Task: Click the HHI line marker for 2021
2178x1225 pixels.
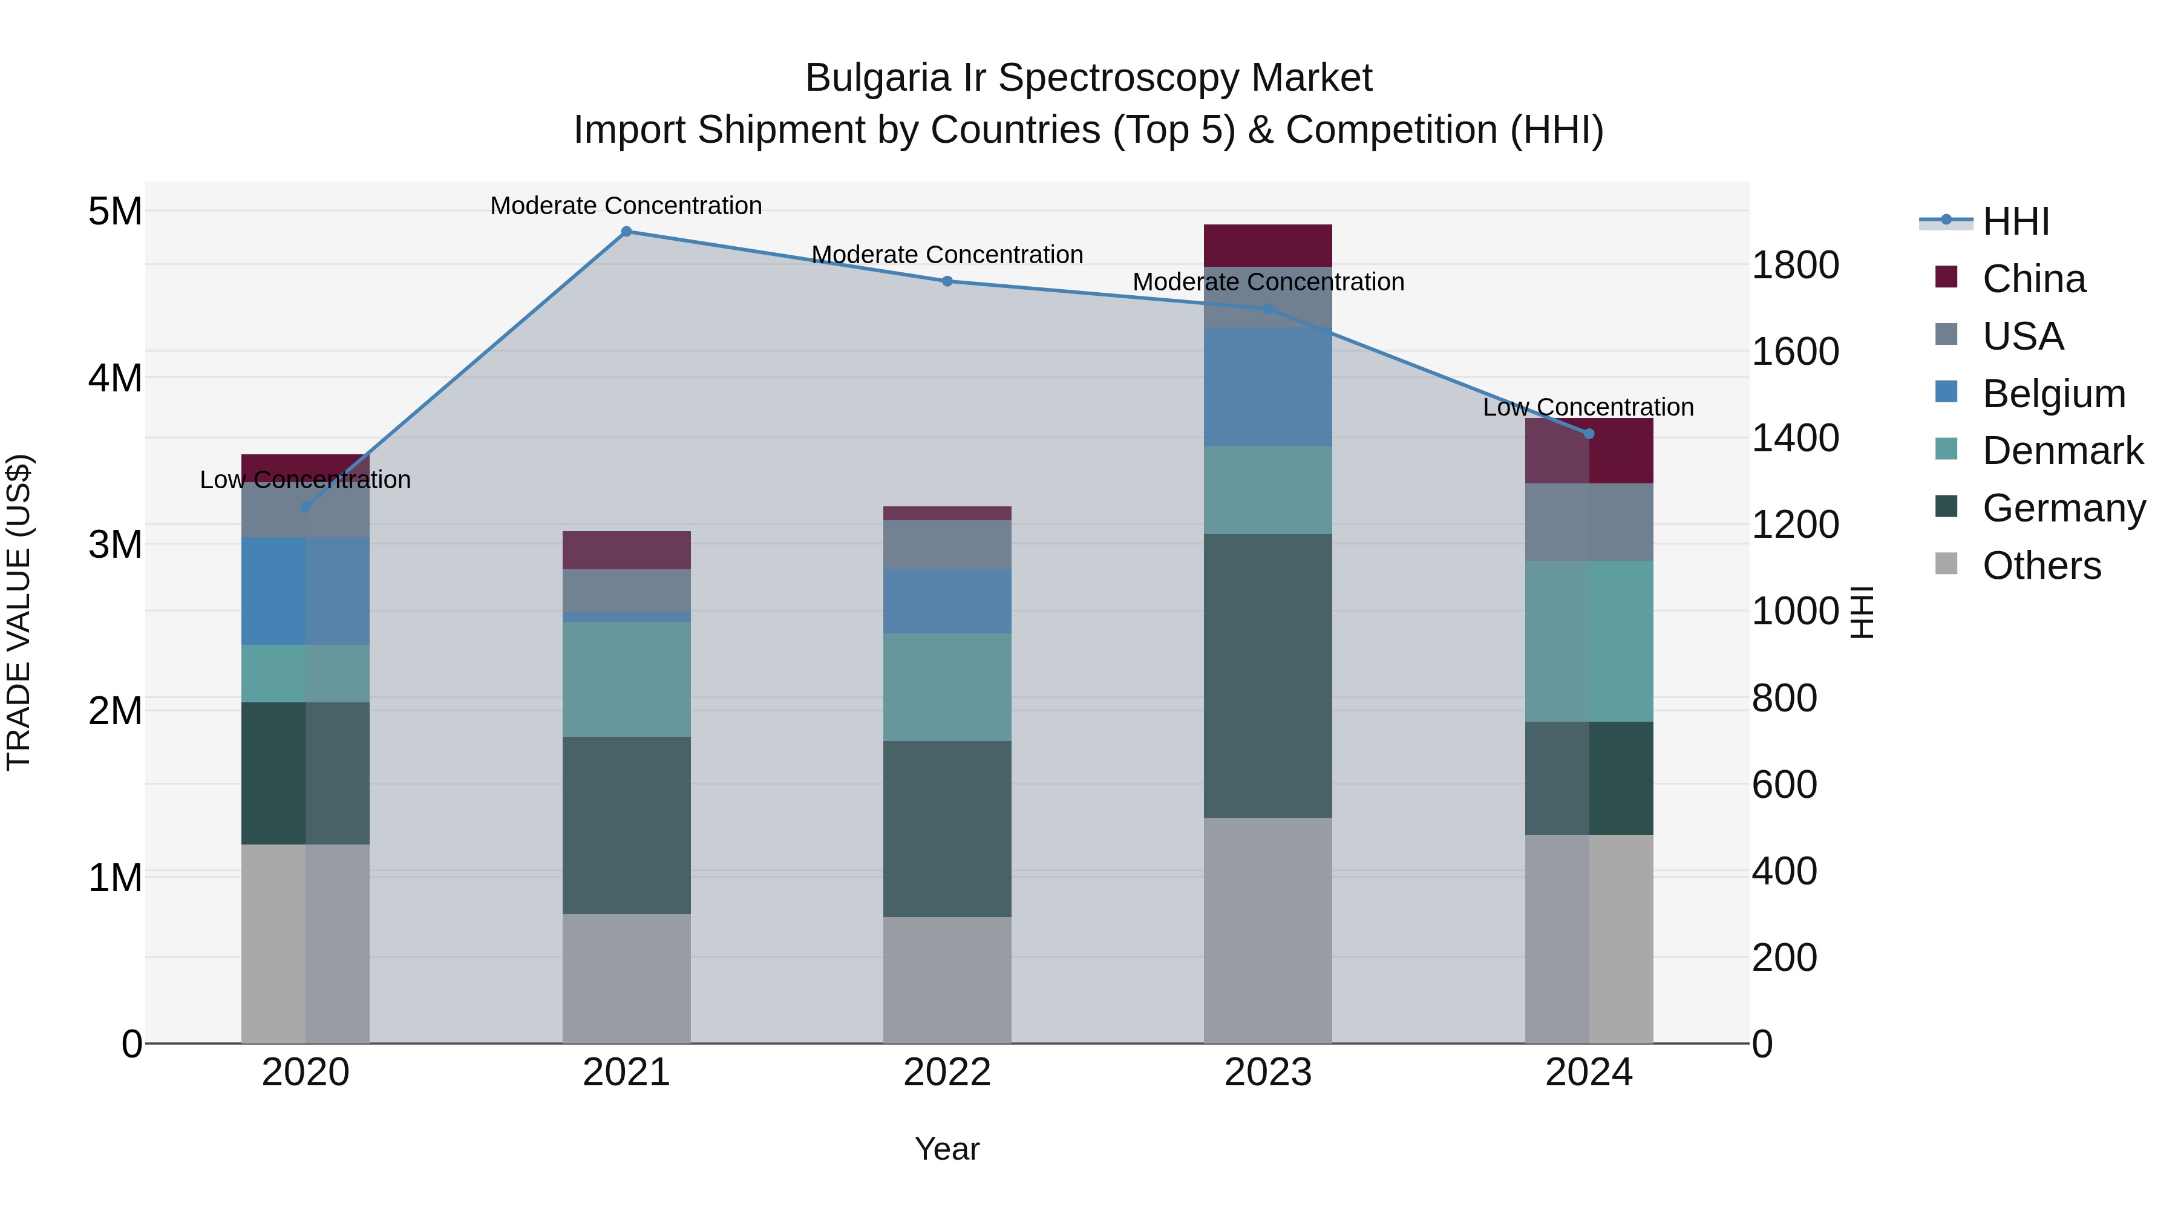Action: click(626, 232)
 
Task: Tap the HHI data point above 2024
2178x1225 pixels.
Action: click(1588, 434)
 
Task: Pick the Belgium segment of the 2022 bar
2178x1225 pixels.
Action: click(946, 601)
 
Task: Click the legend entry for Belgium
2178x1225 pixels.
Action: click(2052, 394)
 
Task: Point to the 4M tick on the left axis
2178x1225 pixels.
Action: click(115, 378)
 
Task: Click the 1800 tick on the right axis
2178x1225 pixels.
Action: click(1794, 266)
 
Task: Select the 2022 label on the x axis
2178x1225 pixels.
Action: click(946, 1072)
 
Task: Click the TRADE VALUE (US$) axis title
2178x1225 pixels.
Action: click(19, 612)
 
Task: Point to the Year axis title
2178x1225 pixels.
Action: click(946, 1149)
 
